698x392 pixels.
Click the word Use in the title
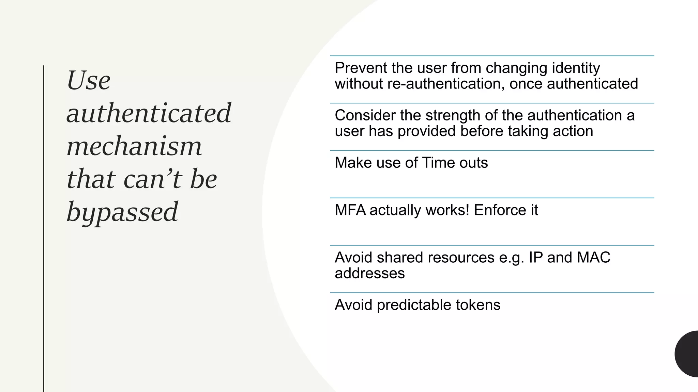[89, 81]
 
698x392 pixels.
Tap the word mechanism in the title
[134, 146]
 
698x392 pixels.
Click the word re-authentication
[446, 84]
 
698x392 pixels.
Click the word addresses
[369, 273]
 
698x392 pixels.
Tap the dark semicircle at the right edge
[687, 354]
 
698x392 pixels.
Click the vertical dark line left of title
[44, 228]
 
